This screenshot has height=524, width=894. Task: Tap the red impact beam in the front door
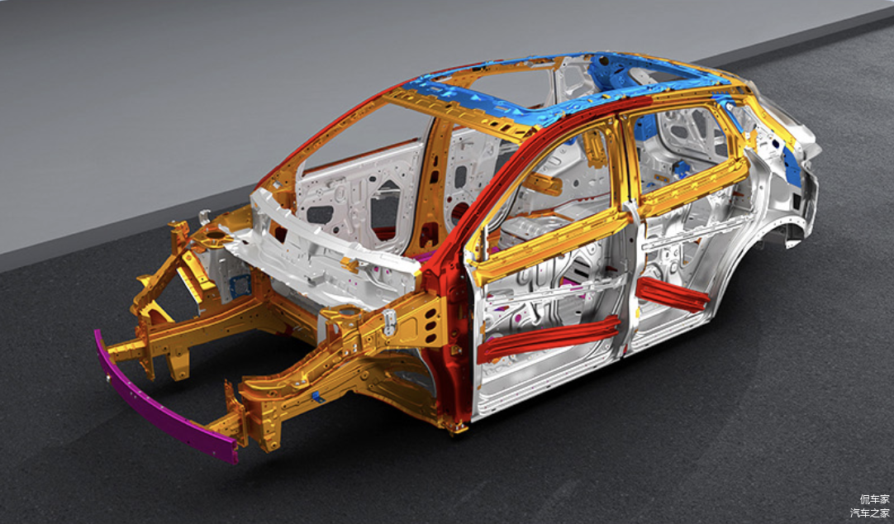(x=549, y=339)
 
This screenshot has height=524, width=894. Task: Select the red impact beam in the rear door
(x=673, y=294)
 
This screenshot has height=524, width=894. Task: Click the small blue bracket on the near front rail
(x=317, y=397)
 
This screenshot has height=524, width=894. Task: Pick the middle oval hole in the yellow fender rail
(x=431, y=325)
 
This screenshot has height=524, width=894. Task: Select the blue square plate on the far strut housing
(x=240, y=286)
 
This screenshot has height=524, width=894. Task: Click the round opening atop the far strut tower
(x=216, y=234)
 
